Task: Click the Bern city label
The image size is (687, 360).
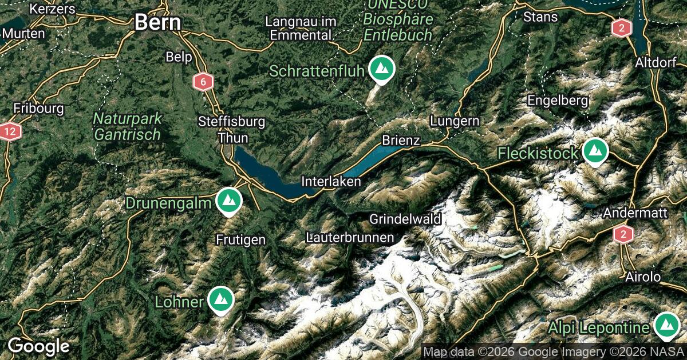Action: [157, 23]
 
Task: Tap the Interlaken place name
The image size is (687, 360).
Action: [331, 182]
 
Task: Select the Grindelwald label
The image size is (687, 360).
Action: [405, 219]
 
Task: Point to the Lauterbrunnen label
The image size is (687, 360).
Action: [350, 237]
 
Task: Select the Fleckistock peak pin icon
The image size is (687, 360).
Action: [595, 151]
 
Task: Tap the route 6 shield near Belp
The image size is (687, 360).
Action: [202, 82]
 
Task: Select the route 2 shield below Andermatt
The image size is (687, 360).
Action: [623, 234]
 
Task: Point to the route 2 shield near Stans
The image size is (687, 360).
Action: [621, 28]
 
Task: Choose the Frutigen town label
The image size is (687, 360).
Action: [241, 240]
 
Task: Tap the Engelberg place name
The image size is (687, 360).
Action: [558, 101]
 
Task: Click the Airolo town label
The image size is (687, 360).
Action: [643, 277]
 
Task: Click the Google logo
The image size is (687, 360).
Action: [38, 346]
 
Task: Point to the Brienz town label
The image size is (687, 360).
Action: [401, 141]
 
